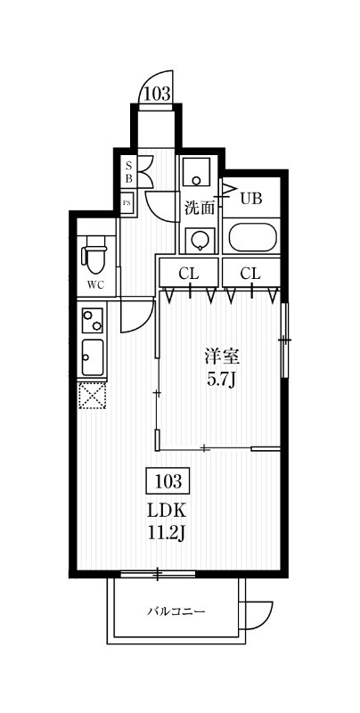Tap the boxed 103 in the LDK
pos(168,483)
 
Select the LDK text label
pos(167,512)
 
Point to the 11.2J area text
pos(167,534)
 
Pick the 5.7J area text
pos(223,379)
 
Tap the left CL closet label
pos(188,273)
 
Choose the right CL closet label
pos(250,273)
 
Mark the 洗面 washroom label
pos(200,209)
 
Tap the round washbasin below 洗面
pos(200,239)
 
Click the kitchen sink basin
pos(93,357)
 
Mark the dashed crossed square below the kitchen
pos(93,395)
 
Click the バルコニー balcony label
pos(176,611)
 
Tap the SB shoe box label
pos(128,172)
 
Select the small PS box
pos(127,202)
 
